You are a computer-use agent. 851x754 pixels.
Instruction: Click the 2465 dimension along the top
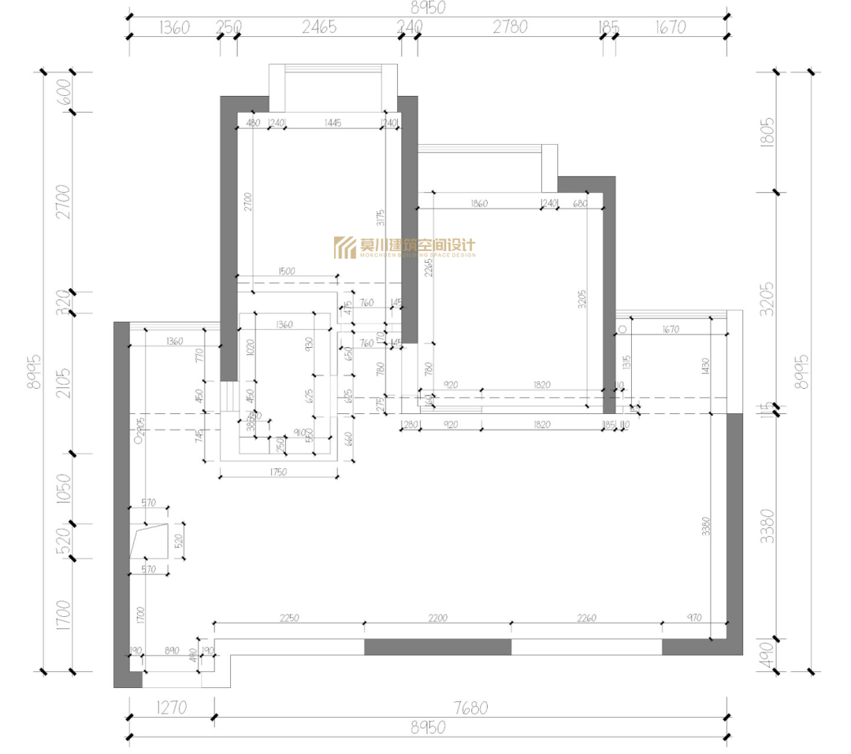[x=319, y=28]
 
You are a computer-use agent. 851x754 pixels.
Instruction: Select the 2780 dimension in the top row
[x=510, y=28]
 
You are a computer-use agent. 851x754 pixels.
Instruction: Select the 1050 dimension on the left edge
[x=65, y=489]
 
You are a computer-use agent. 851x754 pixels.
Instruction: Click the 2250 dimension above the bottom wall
[x=288, y=618]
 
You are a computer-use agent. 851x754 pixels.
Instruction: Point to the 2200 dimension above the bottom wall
[x=437, y=618]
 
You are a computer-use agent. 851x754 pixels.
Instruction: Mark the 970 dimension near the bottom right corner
[x=694, y=618]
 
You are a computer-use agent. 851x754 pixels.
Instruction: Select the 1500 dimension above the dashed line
[x=286, y=271]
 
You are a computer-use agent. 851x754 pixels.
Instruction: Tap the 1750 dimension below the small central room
[x=277, y=472]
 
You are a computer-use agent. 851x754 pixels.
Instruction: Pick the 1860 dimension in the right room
[x=478, y=203]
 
